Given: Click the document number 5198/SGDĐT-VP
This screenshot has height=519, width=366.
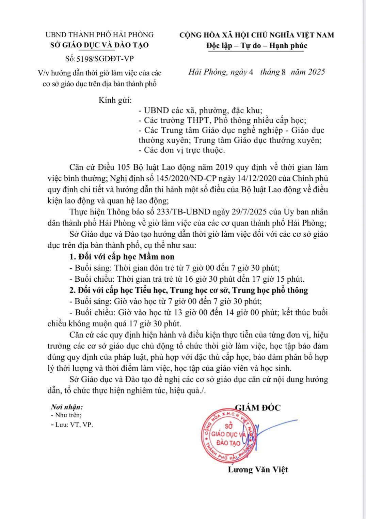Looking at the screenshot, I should [x=105, y=59].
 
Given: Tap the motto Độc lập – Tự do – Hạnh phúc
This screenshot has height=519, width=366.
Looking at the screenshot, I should [x=257, y=45].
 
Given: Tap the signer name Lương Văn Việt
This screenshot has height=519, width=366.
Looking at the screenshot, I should [x=258, y=470].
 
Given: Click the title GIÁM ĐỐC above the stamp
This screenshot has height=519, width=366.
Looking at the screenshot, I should [x=258, y=407].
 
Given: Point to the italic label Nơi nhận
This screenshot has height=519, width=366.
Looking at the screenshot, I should [x=67, y=407].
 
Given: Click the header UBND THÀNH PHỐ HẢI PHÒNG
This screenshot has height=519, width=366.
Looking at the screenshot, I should [x=100, y=35].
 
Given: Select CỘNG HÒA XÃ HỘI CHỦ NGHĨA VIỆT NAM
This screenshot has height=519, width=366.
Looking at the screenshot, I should [x=257, y=35].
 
